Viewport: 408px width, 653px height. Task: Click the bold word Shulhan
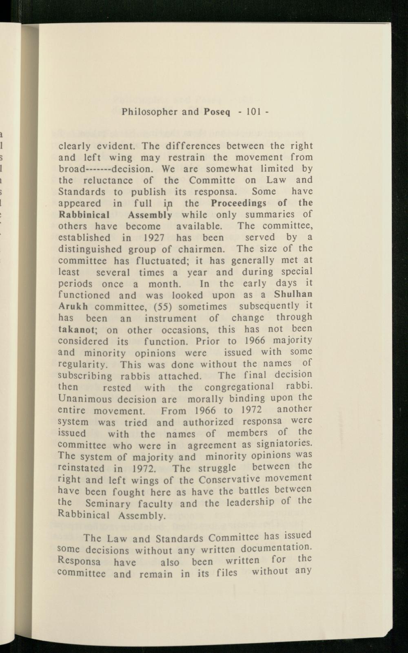point(293,294)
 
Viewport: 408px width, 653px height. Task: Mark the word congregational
point(239,386)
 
